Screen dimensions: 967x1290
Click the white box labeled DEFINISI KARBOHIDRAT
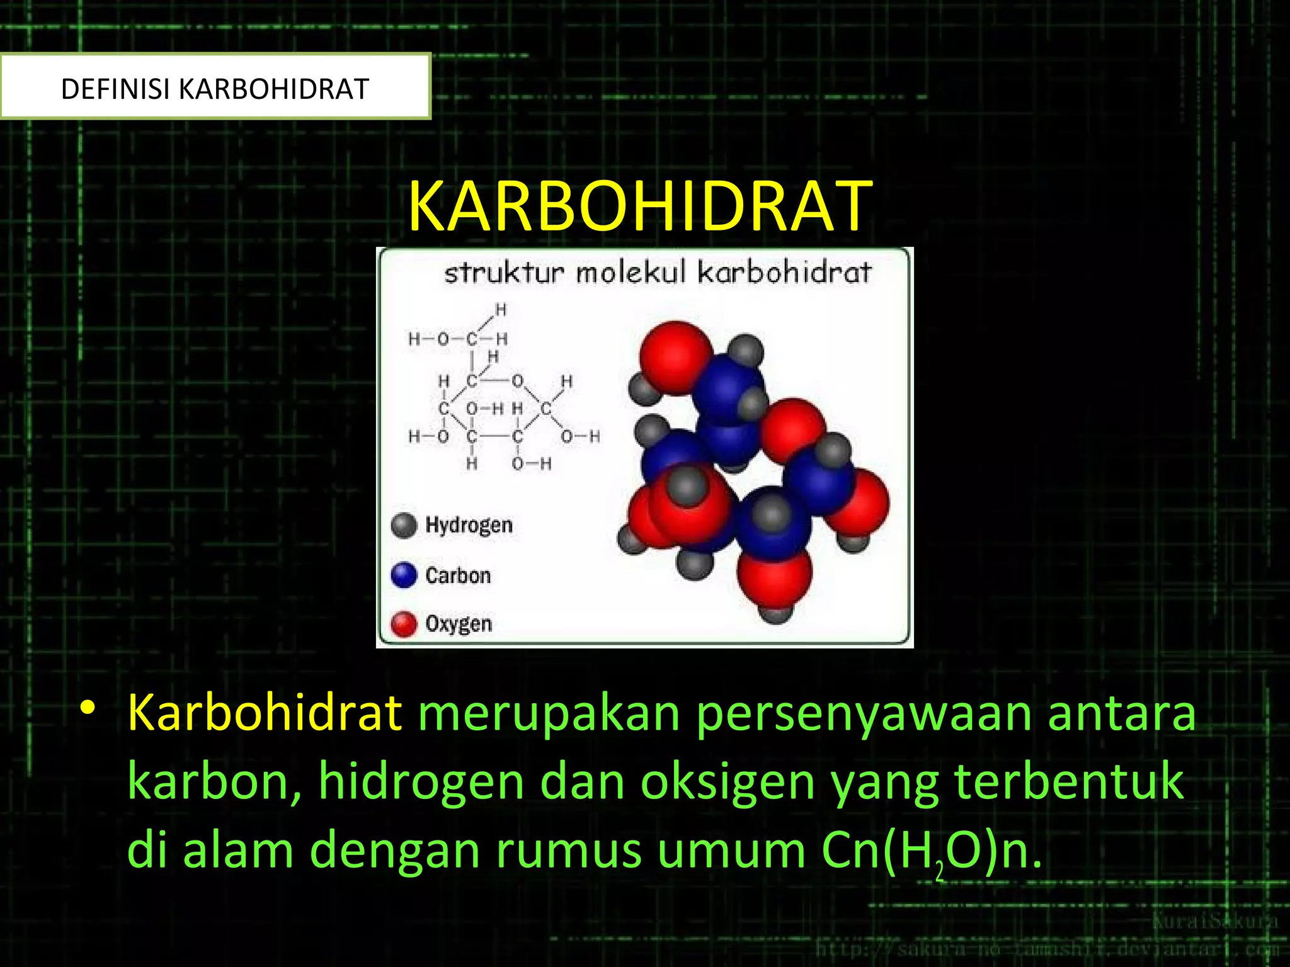tap(215, 88)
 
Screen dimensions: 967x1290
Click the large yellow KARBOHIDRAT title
tap(640, 206)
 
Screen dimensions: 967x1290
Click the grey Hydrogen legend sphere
tap(404, 525)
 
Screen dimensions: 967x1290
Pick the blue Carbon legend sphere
tap(404, 575)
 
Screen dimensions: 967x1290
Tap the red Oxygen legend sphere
tap(404, 624)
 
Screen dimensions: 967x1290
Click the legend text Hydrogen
tap(469, 525)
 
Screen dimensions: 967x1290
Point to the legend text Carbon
tap(458, 575)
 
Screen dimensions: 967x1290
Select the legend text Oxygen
tap(459, 624)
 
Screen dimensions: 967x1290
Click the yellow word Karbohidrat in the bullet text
tap(265, 713)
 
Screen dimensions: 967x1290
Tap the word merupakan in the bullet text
tap(549, 713)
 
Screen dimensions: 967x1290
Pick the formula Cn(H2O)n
tap(931, 851)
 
